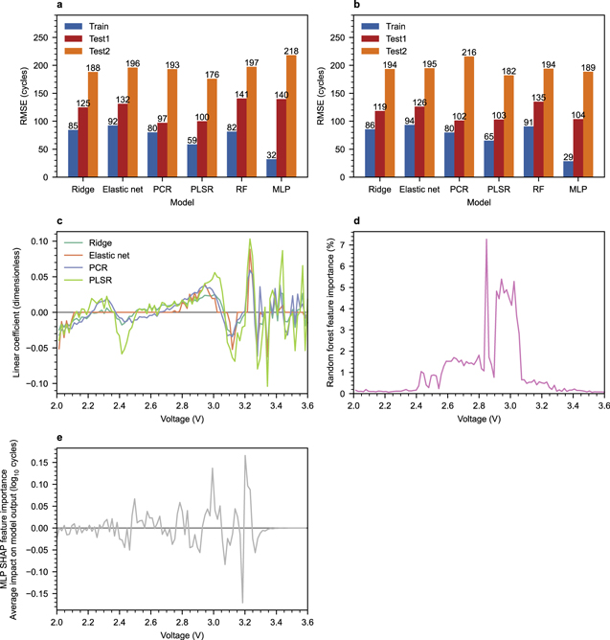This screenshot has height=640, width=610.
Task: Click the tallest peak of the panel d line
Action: click(x=486, y=240)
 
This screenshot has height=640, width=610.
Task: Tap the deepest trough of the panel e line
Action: click(x=242, y=602)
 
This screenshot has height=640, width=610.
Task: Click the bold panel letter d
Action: click(x=356, y=220)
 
